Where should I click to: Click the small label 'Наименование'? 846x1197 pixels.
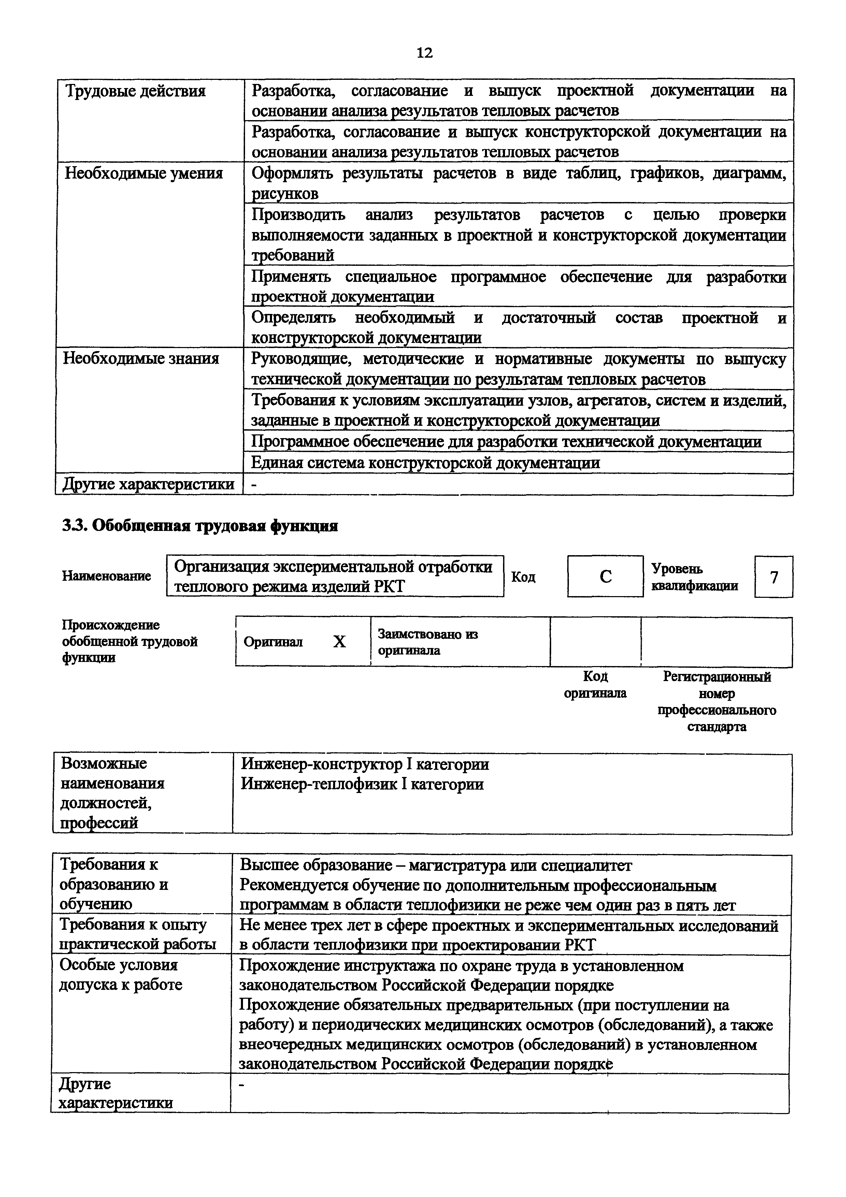point(106,576)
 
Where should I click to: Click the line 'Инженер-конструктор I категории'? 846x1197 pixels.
point(364,765)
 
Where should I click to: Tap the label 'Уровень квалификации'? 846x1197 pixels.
point(694,577)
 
